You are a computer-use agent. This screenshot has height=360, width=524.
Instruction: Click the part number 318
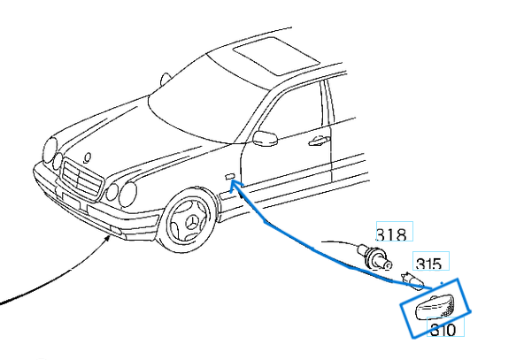click(391, 234)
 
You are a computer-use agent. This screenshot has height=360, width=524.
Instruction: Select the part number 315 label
click(428, 264)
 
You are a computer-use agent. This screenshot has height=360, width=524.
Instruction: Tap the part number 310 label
click(443, 330)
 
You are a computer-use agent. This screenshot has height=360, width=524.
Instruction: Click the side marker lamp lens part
click(435, 307)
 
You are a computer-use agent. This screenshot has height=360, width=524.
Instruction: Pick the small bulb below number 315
click(412, 280)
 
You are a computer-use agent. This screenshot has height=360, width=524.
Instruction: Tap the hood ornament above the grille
click(88, 157)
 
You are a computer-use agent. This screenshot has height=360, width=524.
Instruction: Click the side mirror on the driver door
click(265, 138)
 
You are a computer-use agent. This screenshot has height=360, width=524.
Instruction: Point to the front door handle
click(319, 141)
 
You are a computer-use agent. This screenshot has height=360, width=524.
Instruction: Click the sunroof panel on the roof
click(275, 56)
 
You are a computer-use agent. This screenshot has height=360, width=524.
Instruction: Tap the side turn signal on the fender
click(229, 176)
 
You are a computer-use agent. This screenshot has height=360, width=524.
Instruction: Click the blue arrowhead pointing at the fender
click(235, 185)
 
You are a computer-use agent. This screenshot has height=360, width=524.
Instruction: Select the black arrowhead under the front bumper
click(108, 238)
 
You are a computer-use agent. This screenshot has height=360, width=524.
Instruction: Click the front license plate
click(71, 201)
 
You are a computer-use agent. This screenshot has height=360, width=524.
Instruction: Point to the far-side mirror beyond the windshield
click(166, 80)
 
